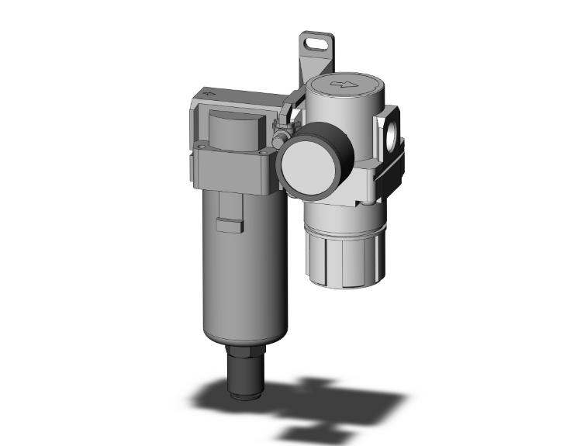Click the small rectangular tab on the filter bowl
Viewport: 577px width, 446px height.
(x=228, y=226)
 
